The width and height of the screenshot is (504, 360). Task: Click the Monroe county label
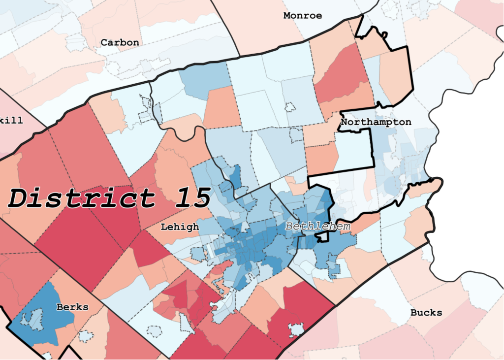(302, 16)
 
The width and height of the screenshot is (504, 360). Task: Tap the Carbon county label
(120, 43)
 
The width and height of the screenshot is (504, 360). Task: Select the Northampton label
(376, 122)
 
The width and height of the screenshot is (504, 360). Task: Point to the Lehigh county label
(180, 227)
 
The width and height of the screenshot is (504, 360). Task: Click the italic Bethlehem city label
(318, 227)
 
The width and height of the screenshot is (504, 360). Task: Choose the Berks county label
(72, 307)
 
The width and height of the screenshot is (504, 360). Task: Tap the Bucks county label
(426, 313)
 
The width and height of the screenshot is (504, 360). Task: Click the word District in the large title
(81, 198)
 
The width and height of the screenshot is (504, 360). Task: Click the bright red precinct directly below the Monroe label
(342, 74)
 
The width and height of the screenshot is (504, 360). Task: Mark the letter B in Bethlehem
(289, 227)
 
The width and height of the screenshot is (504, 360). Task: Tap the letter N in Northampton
(344, 122)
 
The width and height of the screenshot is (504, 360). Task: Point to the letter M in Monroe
(286, 16)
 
